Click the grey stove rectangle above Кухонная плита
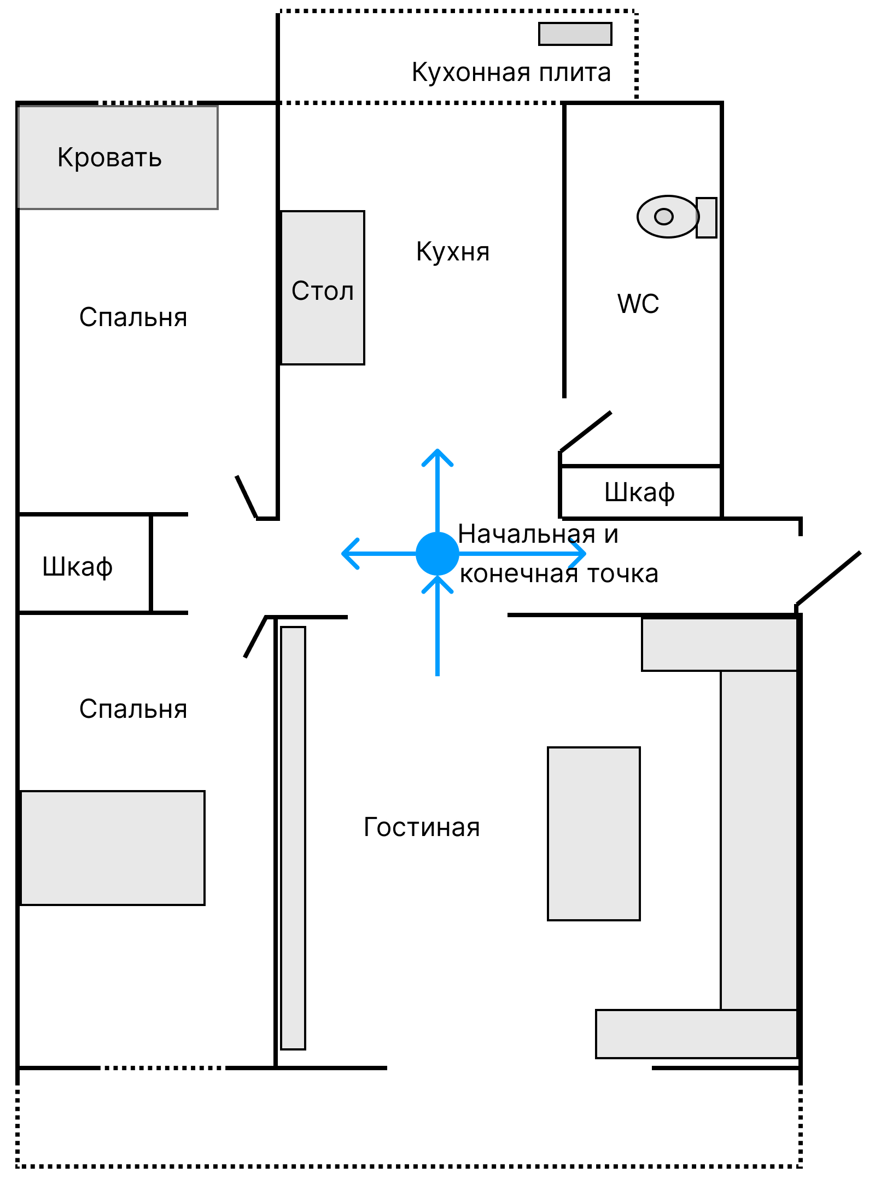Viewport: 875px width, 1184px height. point(575,34)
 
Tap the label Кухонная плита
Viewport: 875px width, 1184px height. point(511,72)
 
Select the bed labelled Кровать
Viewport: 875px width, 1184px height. point(118,158)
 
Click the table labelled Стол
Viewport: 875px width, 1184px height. point(323,288)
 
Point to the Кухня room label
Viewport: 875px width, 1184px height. point(453,252)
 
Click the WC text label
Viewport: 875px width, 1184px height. point(638,304)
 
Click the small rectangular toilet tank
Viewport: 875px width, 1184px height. point(706,217)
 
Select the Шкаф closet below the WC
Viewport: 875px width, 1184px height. point(640,492)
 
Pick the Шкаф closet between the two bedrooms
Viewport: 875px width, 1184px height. point(78,566)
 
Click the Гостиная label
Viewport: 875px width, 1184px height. point(422,827)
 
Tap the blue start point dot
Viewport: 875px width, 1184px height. point(437,554)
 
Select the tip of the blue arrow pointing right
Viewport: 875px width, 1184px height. point(584,554)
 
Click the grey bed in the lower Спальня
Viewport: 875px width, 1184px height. point(113,848)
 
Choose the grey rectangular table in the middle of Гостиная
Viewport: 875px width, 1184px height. point(594,834)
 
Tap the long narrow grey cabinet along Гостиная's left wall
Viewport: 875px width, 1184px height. point(293,838)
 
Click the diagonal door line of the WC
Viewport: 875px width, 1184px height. point(585,432)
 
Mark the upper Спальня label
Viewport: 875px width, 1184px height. point(133,317)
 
